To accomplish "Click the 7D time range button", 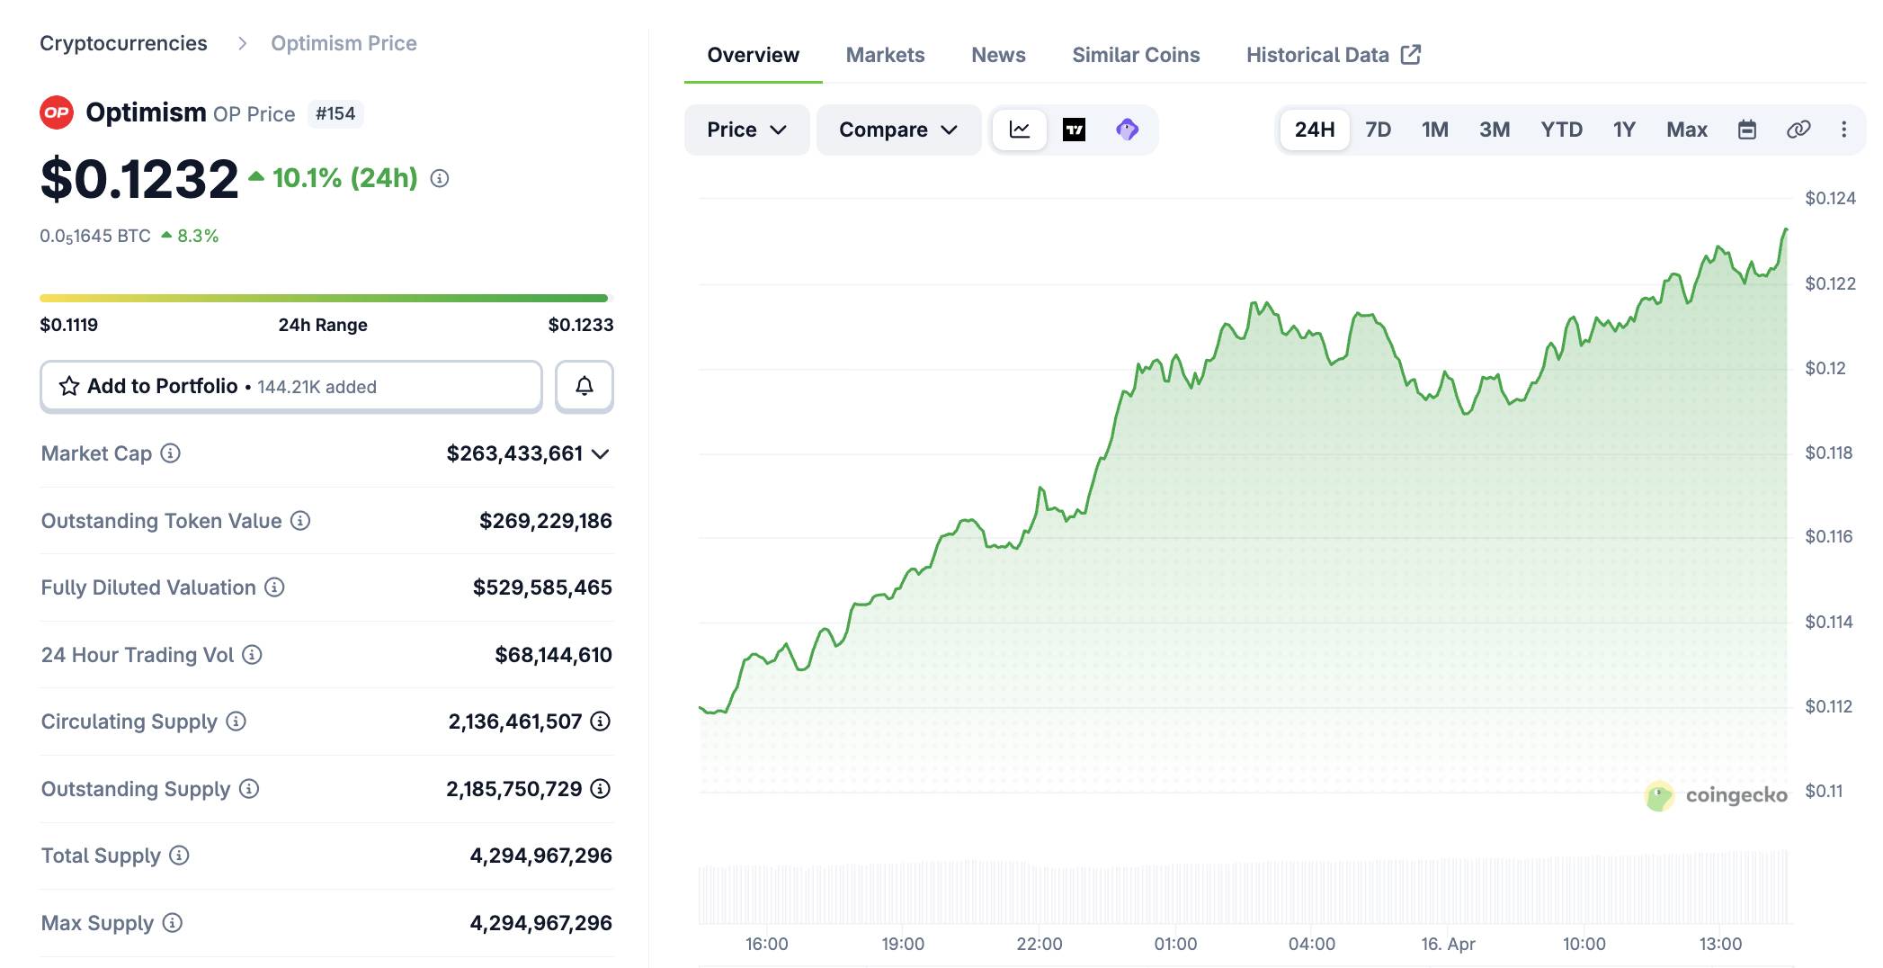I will [1378, 130].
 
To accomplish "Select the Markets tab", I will [885, 55].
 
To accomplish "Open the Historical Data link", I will [1333, 55].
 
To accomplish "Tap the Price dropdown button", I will [746, 130].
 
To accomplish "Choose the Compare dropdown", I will [897, 130].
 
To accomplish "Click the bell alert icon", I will [585, 386].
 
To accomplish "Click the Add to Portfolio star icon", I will [69, 386].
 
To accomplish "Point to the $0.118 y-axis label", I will [1828, 453].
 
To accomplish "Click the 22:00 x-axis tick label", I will [1039, 944].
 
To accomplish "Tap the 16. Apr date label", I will [1447, 944].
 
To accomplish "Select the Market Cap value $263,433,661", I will [514, 453].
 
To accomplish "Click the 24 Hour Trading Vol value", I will [553, 655].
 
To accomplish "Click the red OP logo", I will [57, 112].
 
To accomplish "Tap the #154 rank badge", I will [335, 113].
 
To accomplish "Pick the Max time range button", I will [1686, 130].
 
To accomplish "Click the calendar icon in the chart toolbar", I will [1746, 130].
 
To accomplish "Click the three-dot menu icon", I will [1843, 130].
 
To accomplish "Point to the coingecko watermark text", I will [1736, 795].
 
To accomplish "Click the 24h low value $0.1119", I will [69, 325].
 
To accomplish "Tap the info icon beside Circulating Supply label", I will [236, 722].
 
